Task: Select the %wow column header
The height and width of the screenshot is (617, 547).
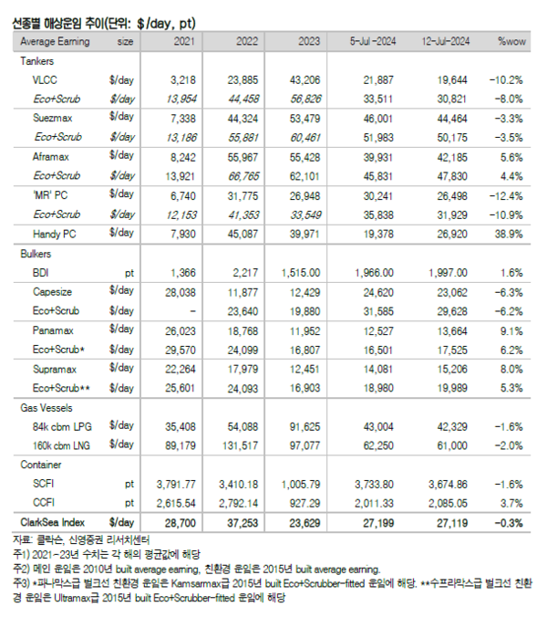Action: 508,41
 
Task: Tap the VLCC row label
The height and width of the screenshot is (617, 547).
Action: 45,79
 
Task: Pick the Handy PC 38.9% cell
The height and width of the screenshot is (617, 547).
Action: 508,233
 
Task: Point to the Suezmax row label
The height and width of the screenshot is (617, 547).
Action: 53,118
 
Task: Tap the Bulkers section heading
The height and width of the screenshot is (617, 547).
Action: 38,252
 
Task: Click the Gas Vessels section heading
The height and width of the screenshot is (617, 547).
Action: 46,407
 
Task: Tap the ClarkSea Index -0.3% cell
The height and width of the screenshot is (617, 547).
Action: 508,522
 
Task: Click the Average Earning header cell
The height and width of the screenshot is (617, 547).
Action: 60,41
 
